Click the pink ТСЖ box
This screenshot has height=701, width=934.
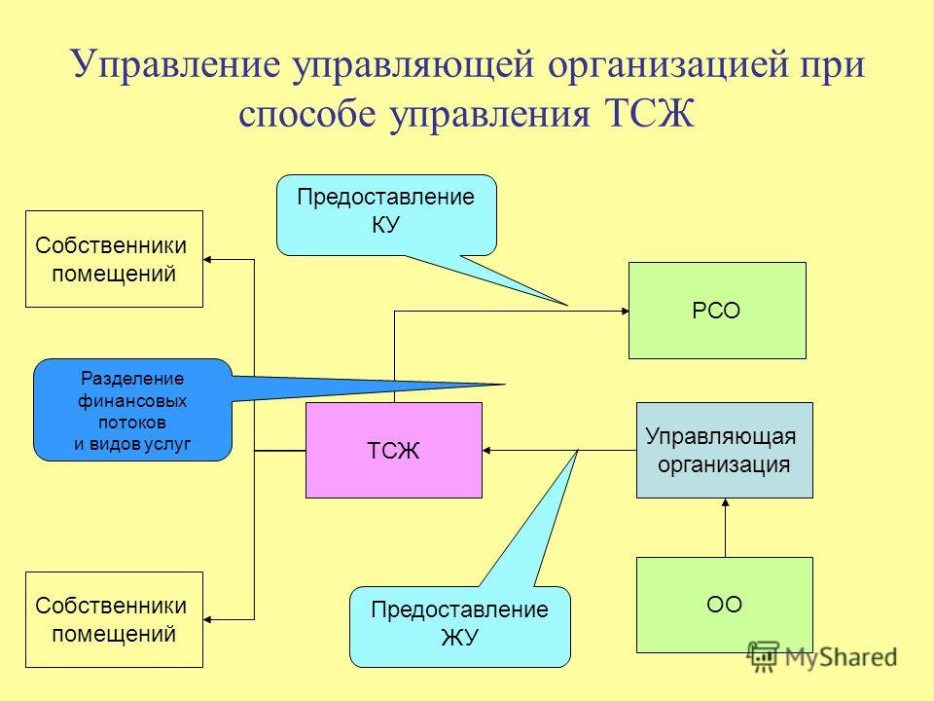pos(394,450)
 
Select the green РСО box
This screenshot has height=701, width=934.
pos(717,311)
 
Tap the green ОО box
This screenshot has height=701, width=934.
pos(724,605)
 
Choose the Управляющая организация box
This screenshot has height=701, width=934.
pos(724,450)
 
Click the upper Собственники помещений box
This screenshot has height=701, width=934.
pos(114,259)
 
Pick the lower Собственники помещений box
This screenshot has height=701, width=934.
pos(114,620)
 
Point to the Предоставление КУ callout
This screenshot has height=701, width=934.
pos(386,215)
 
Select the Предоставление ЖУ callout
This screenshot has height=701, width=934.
pos(460,626)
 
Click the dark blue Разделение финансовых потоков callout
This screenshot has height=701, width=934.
pos(132,410)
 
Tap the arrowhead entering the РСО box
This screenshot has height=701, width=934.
pos(626,311)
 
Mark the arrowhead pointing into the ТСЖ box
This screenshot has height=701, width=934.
pos(486,450)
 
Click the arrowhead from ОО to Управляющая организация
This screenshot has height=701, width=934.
pos(725,502)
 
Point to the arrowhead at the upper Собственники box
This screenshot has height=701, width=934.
pos(207,259)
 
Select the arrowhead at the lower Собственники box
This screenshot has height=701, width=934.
pos(207,620)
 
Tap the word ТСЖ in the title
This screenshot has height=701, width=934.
pos(650,113)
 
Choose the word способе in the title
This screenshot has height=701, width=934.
pos(307,113)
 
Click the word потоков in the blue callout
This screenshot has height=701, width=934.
pos(132,422)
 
